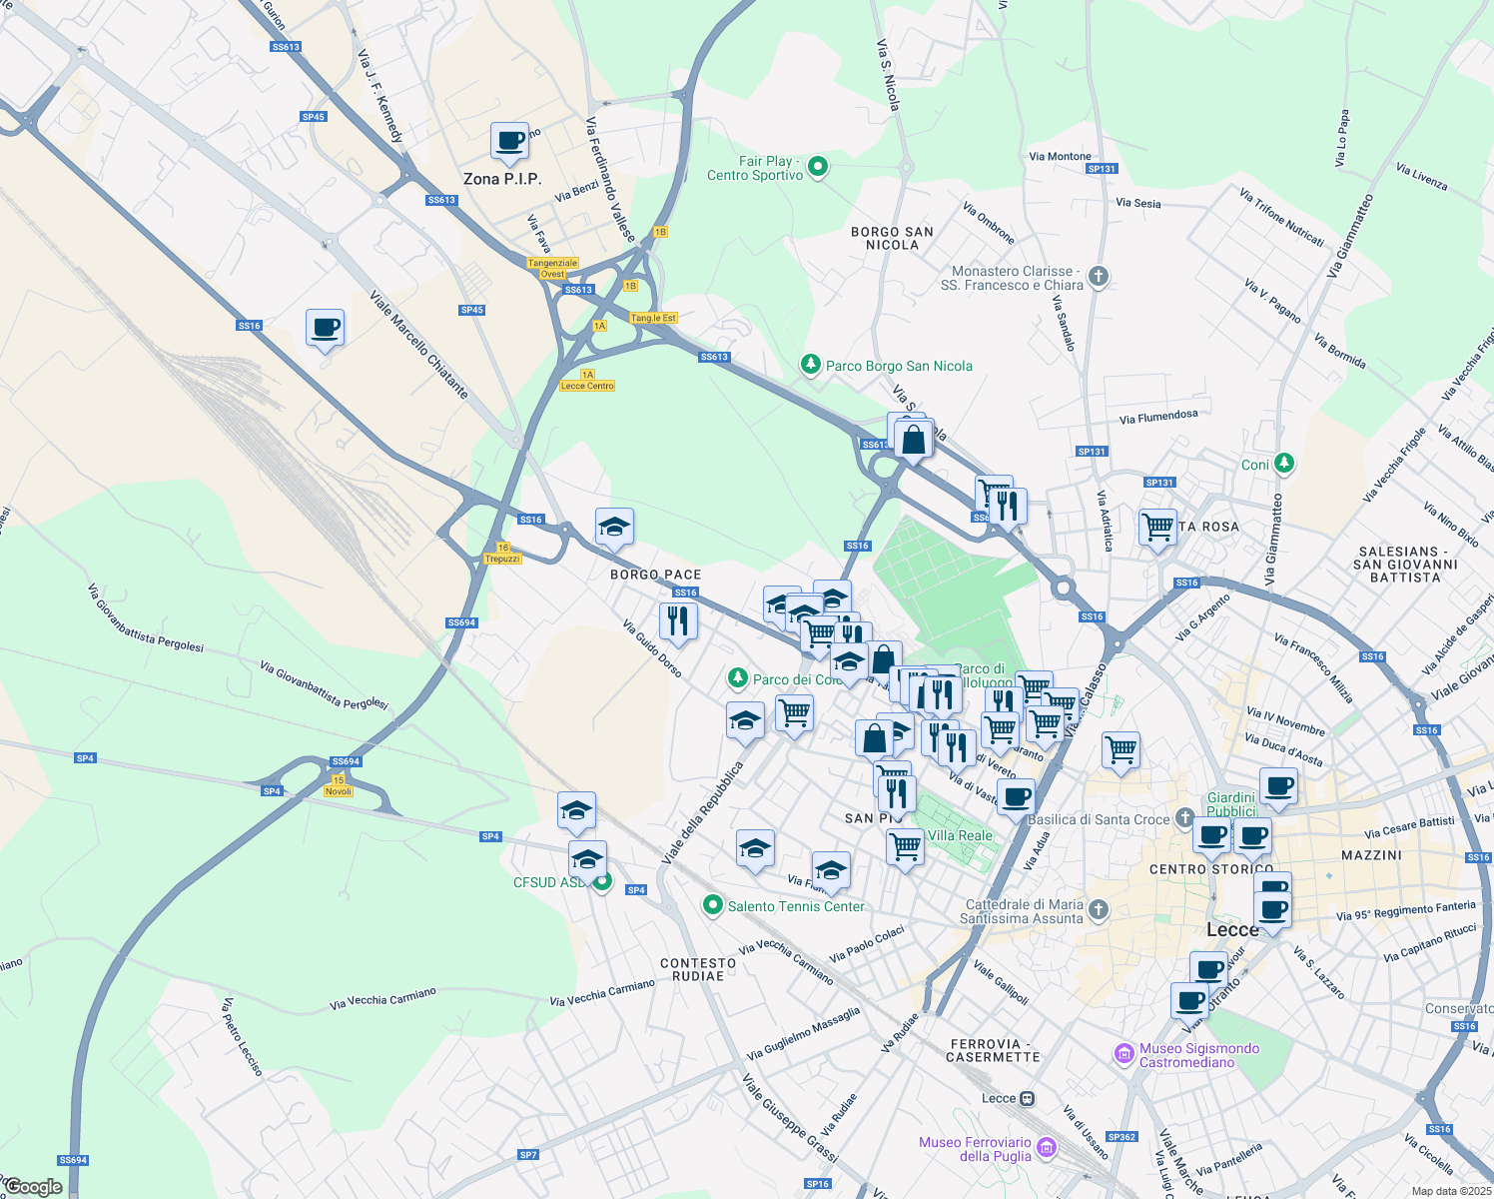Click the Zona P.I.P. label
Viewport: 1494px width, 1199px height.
pyautogui.click(x=502, y=179)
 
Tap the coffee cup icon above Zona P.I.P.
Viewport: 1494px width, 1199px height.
pyautogui.click(x=509, y=141)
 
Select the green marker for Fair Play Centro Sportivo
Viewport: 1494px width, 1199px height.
pyautogui.click(x=818, y=167)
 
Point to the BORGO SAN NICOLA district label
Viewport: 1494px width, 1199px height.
pyautogui.click(x=892, y=238)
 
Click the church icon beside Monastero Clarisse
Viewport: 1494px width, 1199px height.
pyautogui.click(x=1099, y=277)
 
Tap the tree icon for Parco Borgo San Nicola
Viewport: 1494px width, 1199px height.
pyautogui.click(x=811, y=366)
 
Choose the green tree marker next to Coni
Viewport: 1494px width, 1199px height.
pyautogui.click(x=1284, y=464)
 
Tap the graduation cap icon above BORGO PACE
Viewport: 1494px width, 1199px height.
pyautogui.click(x=614, y=527)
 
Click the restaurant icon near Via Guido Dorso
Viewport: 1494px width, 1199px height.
pyautogui.click(x=678, y=620)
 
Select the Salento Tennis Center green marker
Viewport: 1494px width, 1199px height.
pyautogui.click(x=712, y=906)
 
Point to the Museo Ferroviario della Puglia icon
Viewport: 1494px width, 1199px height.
pyautogui.click(x=1046, y=1147)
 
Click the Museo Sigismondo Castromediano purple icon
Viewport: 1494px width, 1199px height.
pyautogui.click(x=1124, y=1054)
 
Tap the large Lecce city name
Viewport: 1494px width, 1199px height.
pyautogui.click(x=1232, y=929)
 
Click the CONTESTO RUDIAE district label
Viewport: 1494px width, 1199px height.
pyautogui.click(x=698, y=969)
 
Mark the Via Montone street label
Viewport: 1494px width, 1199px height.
pyautogui.click(x=1060, y=157)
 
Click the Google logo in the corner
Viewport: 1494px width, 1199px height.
pyautogui.click(x=33, y=1187)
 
